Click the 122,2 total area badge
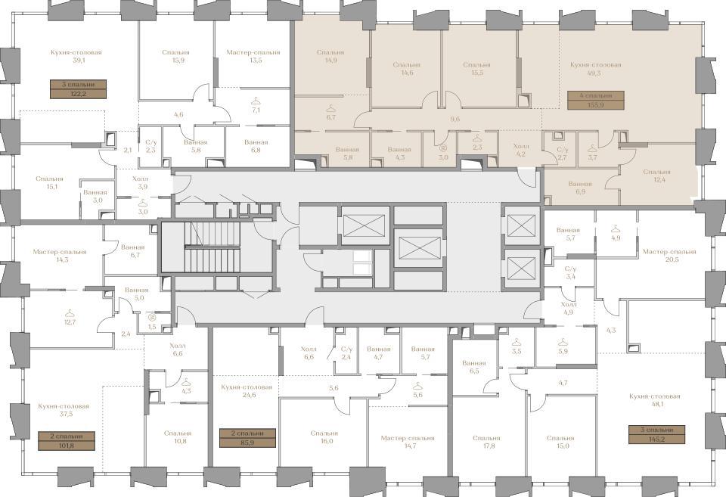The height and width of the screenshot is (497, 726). pyautogui.click(x=78, y=89)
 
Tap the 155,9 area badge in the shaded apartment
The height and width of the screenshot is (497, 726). pyautogui.click(x=595, y=100)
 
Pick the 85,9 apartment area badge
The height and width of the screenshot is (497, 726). pyautogui.click(x=248, y=438)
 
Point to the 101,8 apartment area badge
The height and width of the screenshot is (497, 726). pyautogui.click(x=67, y=440)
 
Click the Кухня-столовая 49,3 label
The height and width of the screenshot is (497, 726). pyautogui.click(x=595, y=69)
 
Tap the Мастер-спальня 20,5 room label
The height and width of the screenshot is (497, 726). pyautogui.click(x=669, y=256)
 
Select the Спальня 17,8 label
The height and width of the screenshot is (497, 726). pyautogui.click(x=486, y=442)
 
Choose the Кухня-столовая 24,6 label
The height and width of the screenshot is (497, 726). pyautogui.click(x=247, y=391)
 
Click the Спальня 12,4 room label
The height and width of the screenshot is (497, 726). pyautogui.click(x=656, y=176)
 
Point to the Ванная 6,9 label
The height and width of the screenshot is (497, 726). pyautogui.click(x=580, y=187)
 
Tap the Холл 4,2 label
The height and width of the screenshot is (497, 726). pyautogui.click(x=521, y=150)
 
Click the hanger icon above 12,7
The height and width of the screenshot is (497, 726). pyautogui.click(x=70, y=314)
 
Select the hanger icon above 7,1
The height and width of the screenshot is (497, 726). pyautogui.click(x=256, y=101)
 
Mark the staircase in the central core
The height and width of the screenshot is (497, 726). pyautogui.click(x=213, y=247)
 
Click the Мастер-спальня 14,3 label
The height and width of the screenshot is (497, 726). pyautogui.click(x=60, y=256)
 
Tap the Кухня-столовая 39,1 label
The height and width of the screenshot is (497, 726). pyautogui.click(x=76, y=56)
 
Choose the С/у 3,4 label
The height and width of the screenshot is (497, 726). pyautogui.click(x=570, y=272)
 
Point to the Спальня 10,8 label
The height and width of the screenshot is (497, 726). pyautogui.click(x=177, y=437)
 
